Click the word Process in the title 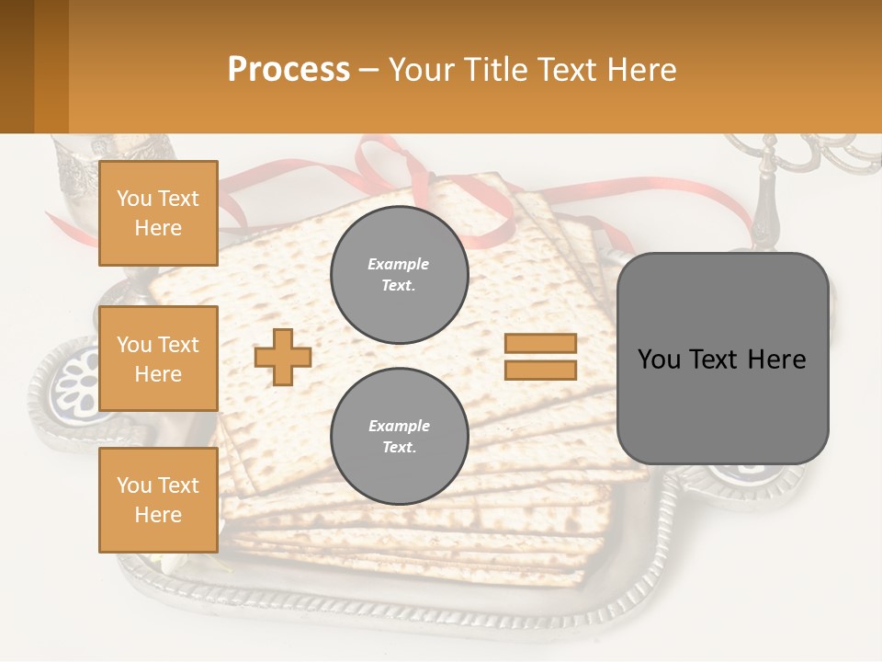coord(288,69)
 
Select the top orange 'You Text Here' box coord(158,213)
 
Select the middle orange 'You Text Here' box coord(158,359)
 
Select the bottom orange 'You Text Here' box coord(158,499)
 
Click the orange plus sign coord(282,357)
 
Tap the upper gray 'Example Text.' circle coord(400,275)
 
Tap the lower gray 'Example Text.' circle coord(400,436)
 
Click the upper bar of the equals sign coord(540,344)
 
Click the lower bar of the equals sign coord(540,370)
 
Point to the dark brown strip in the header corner coord(17,66)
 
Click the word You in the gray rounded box coord(659,360)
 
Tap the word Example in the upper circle coord(399,264)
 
